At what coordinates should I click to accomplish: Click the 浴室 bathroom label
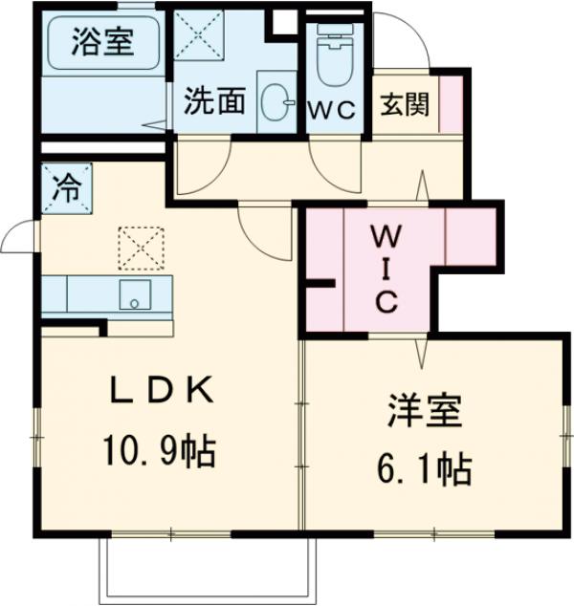(x=100, y=42)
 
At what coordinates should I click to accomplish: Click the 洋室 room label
(x=425, y=412)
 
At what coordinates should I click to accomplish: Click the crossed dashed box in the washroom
(x=198, y=35)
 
